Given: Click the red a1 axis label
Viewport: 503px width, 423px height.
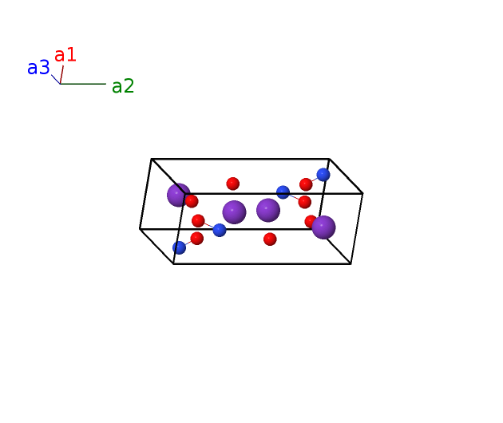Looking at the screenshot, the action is pyautogui.click(x=65, y=55).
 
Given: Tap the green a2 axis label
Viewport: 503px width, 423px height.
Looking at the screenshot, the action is pyautogui.click(x=123, y=86).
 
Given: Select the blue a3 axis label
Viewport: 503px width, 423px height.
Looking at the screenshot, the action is pyautogui.click(x=38, y=68).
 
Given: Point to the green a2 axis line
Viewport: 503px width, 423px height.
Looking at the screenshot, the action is pyautogui.click(x=83, y=84).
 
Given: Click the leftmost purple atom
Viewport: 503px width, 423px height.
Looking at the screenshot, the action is pyautogui.click(x=179, y=195).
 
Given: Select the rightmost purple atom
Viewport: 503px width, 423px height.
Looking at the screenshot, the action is pyautogui.click(x=323, y=227).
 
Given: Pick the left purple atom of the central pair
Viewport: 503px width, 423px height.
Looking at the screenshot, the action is pyautogui.click(x=234, y=212).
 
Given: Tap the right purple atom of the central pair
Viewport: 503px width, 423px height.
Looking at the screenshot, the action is pyautogui.click(x=268, y=210).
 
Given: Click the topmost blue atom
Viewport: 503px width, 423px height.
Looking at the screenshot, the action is pyautogui.click(x=323, y=175).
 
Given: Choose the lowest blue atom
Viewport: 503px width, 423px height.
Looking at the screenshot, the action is pyautogui.click(x=180, y=247).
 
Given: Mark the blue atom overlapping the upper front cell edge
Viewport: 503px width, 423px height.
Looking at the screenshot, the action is pyautogui.click(x=283, y=192).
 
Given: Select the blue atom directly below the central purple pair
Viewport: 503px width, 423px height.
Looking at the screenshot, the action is pyautogui.click(x=220, y=231).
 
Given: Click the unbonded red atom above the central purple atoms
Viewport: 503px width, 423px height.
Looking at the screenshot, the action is pyautogui.click(x=233, y=184).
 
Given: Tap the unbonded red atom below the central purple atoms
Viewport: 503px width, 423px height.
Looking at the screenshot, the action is pyautogui.click(x=270, y=239).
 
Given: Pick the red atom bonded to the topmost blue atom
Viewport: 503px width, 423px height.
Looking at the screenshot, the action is pyautogui.click(x=306, y=184).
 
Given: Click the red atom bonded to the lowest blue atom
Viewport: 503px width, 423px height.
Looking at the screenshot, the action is pyautogui.click(x=197, y=239).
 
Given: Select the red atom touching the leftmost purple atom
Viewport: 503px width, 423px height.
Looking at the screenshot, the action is pyautogui.click(x=192, y=201).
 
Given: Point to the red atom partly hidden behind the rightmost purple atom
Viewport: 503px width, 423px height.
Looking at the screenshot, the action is pyautogui.click(x=309, y=221).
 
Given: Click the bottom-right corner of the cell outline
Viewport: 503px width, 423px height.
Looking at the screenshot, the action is pyautogui.click(x=351, y=264).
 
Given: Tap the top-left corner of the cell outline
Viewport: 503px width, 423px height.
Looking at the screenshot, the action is pyautogui.click(x=152, y=159).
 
